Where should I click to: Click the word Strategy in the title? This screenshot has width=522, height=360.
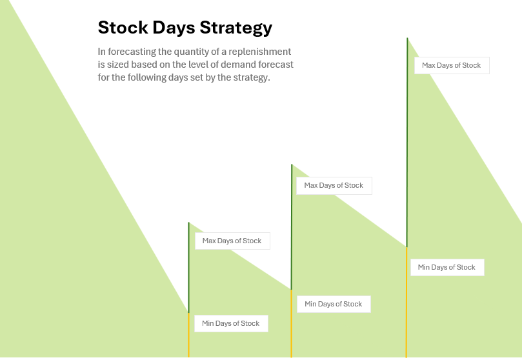(x=236, y=28)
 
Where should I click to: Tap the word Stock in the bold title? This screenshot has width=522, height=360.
(x=123, y=27)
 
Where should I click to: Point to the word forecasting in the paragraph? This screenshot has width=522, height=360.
(x=132, y=52)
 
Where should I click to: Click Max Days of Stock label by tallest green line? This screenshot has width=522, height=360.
(x=452, y=65)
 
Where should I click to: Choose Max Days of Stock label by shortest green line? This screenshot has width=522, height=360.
(x=232, y=241)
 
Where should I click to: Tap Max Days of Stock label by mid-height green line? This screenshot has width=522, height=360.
(x=334, y=185)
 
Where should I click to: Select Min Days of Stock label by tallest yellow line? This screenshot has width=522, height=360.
(x=447, y=267)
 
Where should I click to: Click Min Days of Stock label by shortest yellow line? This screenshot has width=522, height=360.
(x=231, y=323)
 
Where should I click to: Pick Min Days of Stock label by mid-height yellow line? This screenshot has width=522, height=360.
(x=333, y=304)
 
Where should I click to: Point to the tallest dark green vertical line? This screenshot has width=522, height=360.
(x=407, y=143)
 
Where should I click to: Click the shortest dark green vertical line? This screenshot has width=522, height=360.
(x=189, y=268)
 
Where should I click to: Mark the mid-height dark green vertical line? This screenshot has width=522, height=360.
(x=292, y=227)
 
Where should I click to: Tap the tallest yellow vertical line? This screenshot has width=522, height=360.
(x=407, y=303)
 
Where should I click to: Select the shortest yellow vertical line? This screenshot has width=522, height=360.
(x=189, y=335)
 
